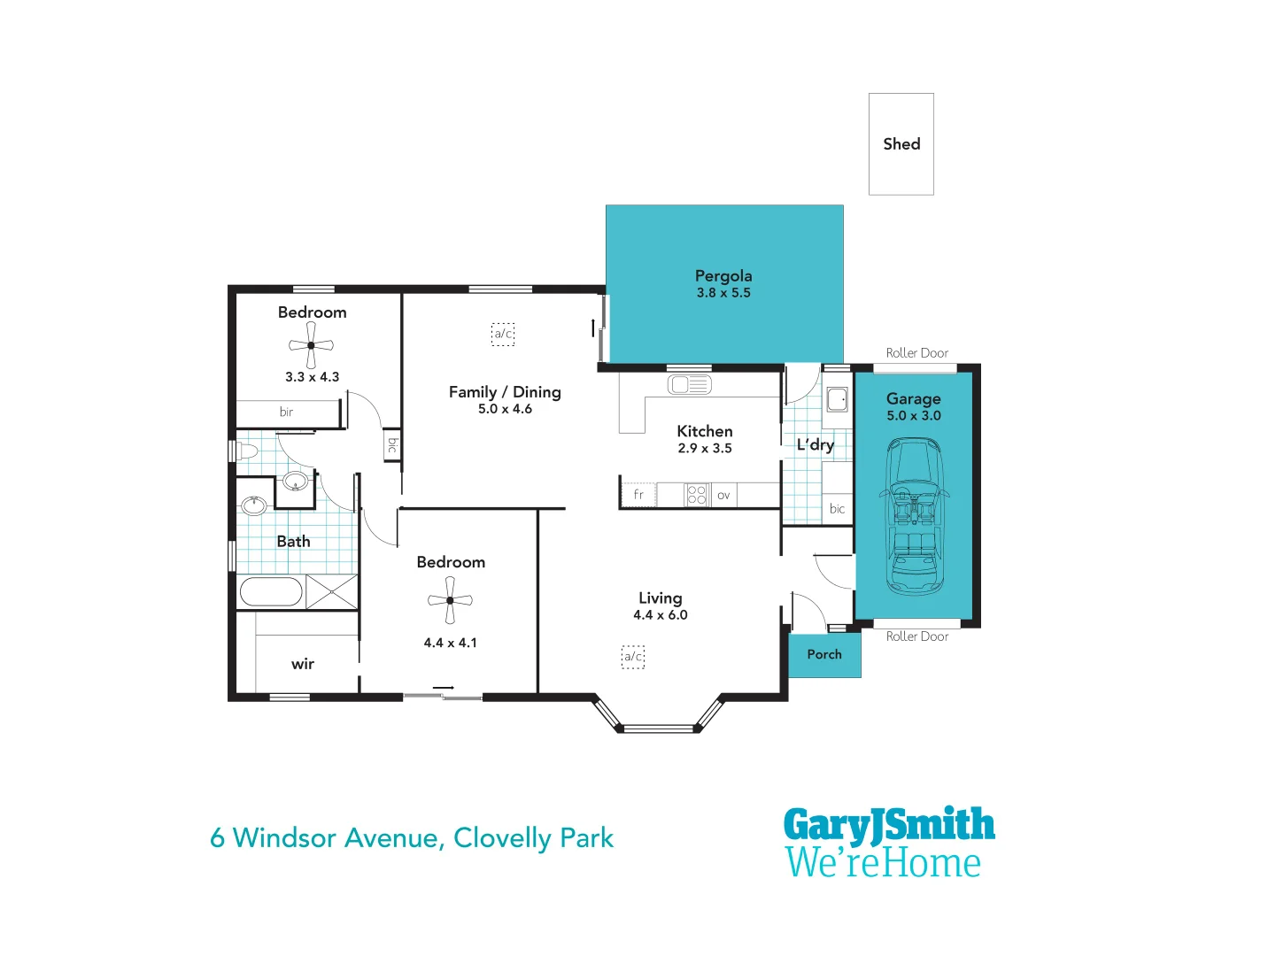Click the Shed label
coord(901,144)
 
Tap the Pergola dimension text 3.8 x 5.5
coord(723,293)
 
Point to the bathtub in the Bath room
coord(271,591)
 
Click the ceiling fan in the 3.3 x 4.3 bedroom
coord(311,344)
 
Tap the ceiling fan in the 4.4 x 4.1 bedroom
coord(450,600)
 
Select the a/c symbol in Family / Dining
coord(503,334)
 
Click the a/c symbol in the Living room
coord(632,657)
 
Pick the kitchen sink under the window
coord(689,384)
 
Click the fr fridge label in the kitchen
coord(638,495)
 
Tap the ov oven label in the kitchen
coord(723,495)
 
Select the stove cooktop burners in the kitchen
coord(697,495)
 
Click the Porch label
coord(824,654)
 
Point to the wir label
coord(303,664)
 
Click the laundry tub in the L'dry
coord(837,400)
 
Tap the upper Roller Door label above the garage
coord(916,353)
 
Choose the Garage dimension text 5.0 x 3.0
coord(914,416)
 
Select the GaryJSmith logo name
coord(889,825)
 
